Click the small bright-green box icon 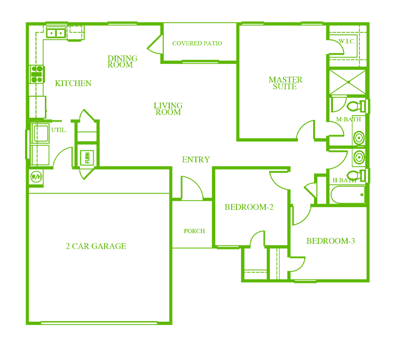86,157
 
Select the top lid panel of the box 87,149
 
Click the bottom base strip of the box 87,165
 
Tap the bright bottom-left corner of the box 80,165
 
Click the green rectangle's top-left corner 25,21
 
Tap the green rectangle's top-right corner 370,21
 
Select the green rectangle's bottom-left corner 25,325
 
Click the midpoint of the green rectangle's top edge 197,21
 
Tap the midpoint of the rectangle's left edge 25,173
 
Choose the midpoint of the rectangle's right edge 370,173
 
